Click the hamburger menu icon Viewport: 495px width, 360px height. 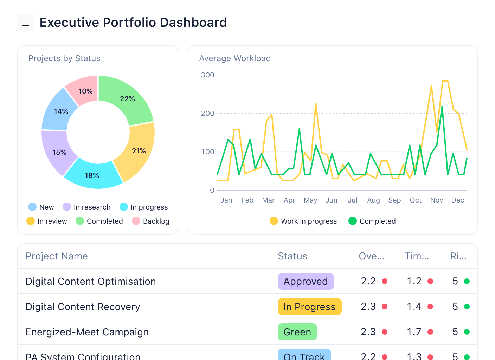[25, 23]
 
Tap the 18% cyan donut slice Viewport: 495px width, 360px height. [92, 175]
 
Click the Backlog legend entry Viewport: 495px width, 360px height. [151, 221]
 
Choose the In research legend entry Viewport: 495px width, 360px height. [87, 207]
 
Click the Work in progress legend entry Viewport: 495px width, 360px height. [303, 221]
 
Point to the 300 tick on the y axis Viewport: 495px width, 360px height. [207, 75]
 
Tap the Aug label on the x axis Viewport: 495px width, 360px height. [373, 200]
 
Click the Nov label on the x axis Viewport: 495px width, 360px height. [437, 200]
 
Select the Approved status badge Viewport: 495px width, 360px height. [306, 281]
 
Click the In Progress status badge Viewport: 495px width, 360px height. [309, 307]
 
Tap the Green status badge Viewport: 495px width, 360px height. [297, 332]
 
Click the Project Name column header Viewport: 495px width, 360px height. [57, 256]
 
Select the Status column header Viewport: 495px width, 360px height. [292, 256]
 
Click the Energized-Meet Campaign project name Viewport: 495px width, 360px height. [87, 332]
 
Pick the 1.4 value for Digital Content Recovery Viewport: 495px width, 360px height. [414, 307]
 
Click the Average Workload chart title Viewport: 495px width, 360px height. [235, 58]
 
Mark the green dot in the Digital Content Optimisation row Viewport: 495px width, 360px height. [467, 281]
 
